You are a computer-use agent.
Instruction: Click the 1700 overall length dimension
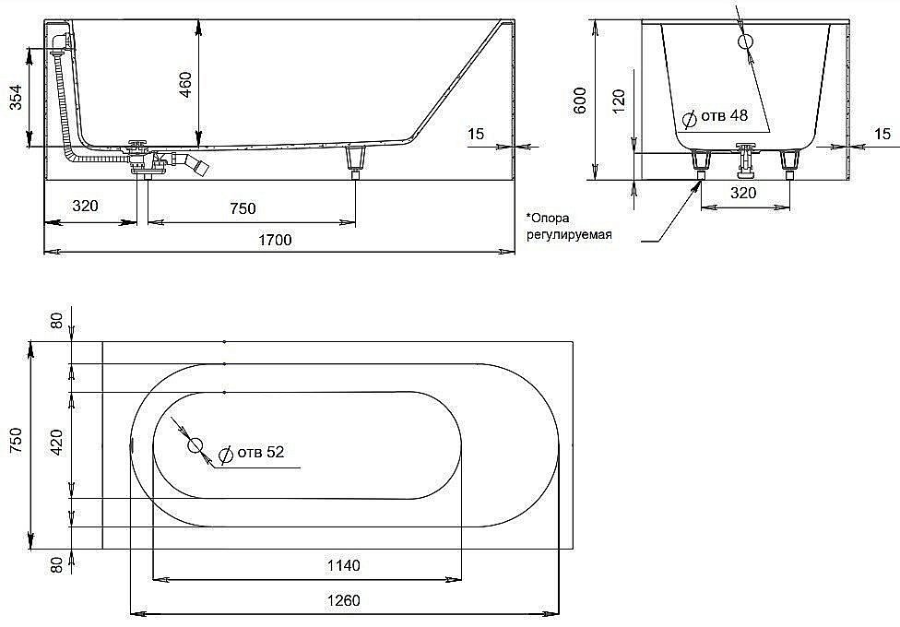[275, 240]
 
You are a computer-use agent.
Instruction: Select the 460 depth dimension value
[185, 84]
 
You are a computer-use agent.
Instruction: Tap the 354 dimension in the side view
[16, 97]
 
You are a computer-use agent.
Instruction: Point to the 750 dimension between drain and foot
[243, 208]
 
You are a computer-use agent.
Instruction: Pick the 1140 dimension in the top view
[343, 565]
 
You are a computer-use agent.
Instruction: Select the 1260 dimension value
[343, 600]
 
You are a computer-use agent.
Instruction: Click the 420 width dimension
[56, 443]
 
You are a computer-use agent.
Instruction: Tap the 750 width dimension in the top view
[16, 441]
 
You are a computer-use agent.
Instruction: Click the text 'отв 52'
[261, 452]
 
